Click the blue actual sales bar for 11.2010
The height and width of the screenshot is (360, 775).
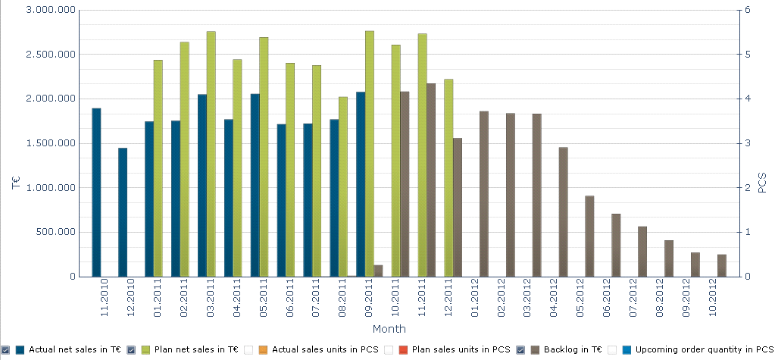click(x=96, y=193)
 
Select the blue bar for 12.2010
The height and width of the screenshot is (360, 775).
click(x=123, y=212)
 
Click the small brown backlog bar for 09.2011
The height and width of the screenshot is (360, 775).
click(x=378, y=271)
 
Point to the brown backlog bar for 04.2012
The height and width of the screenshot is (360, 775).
click(x=563, y=212)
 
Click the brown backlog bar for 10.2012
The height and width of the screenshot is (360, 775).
click(x=722, y=265)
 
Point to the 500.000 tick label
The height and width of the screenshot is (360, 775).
click(x=55, y=232)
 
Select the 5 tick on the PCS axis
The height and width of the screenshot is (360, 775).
click(x=747, y=55)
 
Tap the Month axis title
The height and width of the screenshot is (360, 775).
click(x=389, y=329)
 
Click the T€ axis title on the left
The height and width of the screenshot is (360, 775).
click(x=15, y=183)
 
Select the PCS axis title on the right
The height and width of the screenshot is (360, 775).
click(x=762, y=183)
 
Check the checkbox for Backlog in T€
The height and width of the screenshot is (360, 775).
click(x=521, y=349)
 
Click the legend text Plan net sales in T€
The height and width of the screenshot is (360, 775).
click(x=197, y=349)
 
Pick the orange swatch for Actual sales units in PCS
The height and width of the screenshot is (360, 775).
click(x=263, y=349)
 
